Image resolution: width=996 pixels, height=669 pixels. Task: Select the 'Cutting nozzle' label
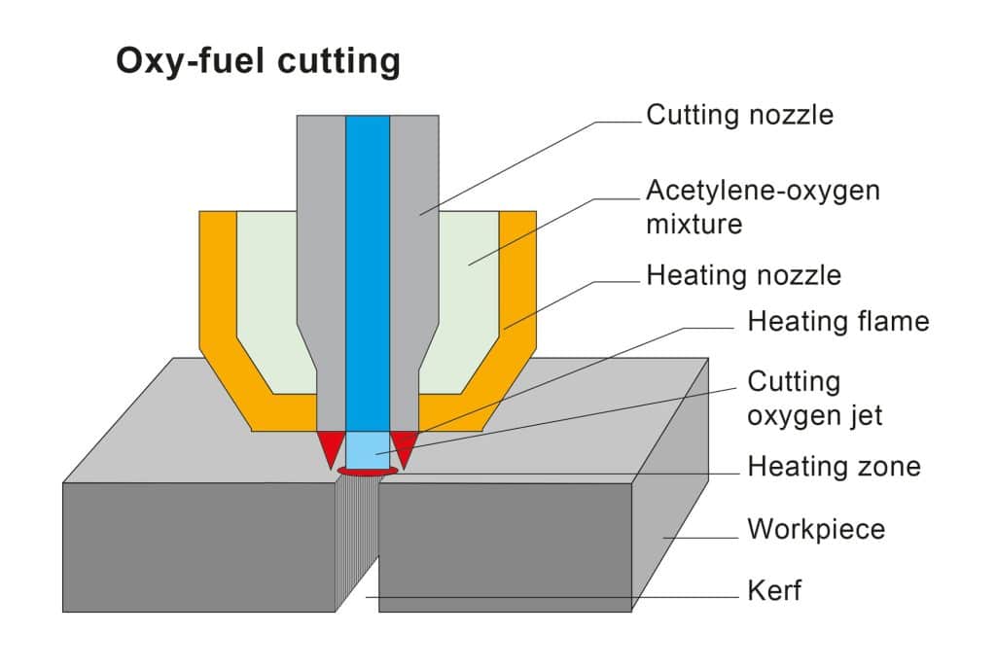pos(740,115)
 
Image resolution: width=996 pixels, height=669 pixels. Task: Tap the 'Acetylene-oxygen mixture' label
pos(763,206)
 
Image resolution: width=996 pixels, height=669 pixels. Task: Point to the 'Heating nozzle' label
pos(744,275)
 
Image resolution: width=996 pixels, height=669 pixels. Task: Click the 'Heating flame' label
pos(838,321)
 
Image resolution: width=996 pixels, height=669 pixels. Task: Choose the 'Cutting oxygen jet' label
pos(814,398)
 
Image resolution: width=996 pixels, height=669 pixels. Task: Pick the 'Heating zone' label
pos(834,467)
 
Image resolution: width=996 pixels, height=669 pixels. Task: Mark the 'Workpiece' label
pos(816,530)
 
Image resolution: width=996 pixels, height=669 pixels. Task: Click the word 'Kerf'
pos(774,590)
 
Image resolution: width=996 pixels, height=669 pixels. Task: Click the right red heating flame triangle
pos(403,445)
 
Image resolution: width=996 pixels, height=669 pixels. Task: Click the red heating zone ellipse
pos(367,472)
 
